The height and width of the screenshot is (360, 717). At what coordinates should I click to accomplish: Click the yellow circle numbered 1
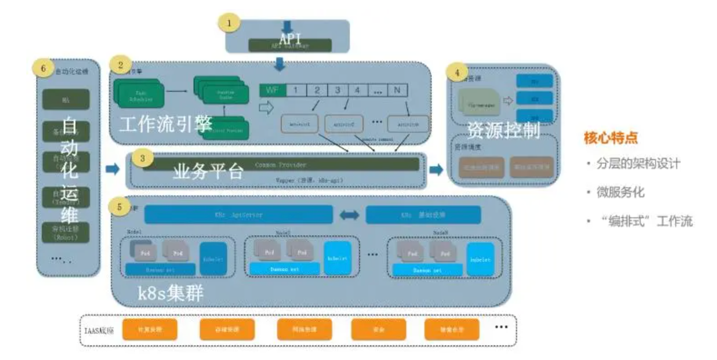point(229,23)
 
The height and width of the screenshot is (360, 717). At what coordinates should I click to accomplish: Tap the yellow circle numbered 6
point(43,69)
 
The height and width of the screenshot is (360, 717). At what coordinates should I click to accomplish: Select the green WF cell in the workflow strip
point(273,90)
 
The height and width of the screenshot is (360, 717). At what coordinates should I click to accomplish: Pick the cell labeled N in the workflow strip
point(397,90)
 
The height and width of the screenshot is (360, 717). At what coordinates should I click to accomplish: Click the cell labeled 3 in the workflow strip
point(338,90)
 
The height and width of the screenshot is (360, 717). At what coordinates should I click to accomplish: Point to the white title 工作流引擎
point(166,124)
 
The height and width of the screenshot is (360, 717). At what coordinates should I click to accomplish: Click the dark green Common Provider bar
point(280,165)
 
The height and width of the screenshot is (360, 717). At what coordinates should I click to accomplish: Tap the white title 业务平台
point(208,171)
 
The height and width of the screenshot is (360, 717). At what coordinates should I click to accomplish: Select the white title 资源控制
point(503,130)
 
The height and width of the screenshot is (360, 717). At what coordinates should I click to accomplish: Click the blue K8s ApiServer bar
point(239,215)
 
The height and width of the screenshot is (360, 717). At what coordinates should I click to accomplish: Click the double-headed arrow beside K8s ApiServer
point(349,215)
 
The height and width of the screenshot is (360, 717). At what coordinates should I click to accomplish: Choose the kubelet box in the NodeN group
point(480,259)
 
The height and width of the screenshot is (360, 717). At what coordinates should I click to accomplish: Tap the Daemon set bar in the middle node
point(284,269)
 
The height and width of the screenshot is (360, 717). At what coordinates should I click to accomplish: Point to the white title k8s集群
point(170,293)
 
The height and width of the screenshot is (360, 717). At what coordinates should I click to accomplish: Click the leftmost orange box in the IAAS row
point(149,329)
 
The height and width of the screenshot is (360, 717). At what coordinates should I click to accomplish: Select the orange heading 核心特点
point(611,137)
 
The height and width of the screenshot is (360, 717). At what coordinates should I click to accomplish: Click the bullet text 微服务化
point(620,192)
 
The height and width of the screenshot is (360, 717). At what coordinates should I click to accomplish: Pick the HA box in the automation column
point(66,100)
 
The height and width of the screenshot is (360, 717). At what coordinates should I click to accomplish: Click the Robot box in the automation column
point(66,233)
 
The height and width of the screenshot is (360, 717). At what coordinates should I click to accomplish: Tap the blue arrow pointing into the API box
point(287,26)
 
